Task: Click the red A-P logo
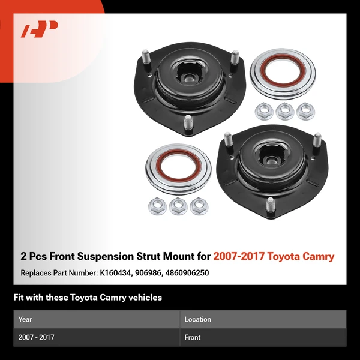pos(40,29)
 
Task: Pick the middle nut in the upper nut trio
pos(284,110)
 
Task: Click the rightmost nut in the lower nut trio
pos(197,206)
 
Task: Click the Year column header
pos(25,320)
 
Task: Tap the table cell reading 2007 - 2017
pos(37,337)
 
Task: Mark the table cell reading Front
pos(193,337)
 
